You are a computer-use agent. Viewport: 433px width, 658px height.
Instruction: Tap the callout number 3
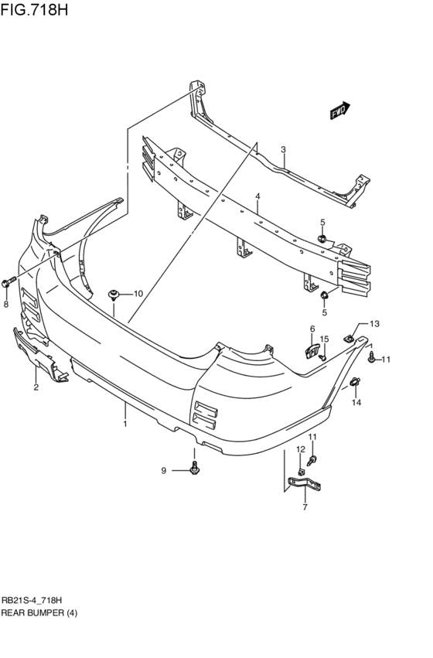283,149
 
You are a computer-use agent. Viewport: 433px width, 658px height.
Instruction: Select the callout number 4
257,196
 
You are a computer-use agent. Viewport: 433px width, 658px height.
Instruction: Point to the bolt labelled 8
9,282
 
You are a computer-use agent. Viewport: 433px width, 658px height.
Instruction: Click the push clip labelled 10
114,295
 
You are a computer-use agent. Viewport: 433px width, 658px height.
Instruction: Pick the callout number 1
125,424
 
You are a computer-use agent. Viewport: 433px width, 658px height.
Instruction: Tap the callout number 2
36,387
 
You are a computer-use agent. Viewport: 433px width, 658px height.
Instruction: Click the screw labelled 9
194,468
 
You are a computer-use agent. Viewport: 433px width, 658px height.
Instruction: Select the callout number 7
305,507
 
